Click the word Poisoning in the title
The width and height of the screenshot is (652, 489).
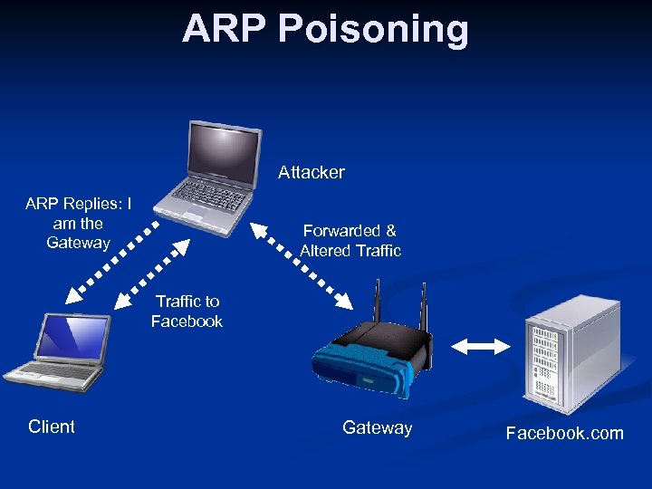click(x=374, y=29)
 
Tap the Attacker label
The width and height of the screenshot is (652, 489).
click(x=311, y=172)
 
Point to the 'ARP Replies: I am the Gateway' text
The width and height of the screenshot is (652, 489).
click(x=78, y=223)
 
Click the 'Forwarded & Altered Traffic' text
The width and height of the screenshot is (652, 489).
click(x=350, y=241)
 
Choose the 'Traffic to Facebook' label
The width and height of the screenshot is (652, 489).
click(x=187, y=311)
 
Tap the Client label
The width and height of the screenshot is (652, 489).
click(x=52, y=427)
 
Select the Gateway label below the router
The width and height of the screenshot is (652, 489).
click(x=377, y=427)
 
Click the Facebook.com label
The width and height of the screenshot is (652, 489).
click(x=564, y=433)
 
